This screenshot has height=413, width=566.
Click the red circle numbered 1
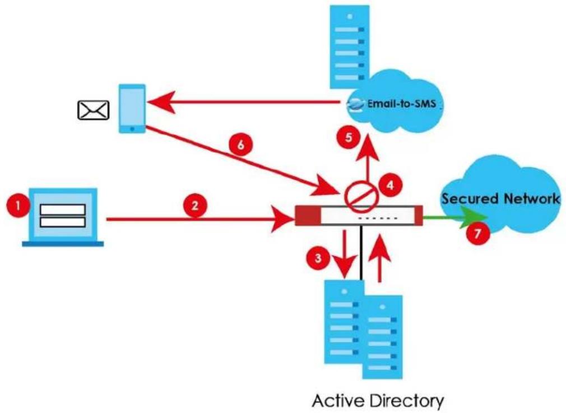(x=18, y=206)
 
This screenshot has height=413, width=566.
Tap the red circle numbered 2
(x=195, y=206)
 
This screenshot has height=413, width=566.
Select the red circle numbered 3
(x=318, y=258)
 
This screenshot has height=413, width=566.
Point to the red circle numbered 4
(x=390, y=185)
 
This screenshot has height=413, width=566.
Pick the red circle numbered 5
(x=349, y=137)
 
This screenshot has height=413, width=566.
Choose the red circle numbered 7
(x=477, y=233)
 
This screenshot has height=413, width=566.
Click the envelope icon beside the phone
(x=94, y=110)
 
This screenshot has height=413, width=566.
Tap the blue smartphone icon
(x=132, y=109)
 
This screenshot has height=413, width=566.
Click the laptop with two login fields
(x=63, y=217)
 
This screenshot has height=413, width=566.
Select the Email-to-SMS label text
(x=402, y=104)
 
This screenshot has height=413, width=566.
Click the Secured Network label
(x=501, y=198)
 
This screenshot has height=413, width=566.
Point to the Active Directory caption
(x=378, y=401)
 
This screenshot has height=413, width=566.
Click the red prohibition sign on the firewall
(x=361, y=196)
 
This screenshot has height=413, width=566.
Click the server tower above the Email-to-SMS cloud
(x=350, y=47)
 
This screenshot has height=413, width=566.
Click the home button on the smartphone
(x=132, y=128)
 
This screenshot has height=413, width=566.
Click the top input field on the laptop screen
(x=63, y=210)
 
